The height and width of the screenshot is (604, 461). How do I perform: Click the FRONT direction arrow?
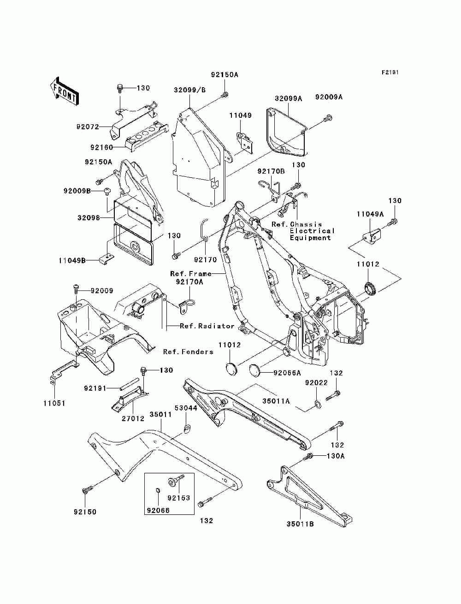click(65, 91)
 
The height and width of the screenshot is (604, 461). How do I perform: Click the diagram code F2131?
click(390, 72)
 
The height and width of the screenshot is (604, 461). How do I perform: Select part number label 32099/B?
click(189, 90)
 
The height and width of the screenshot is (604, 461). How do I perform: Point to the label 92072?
click(88, 127)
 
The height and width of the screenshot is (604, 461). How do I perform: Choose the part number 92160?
click(102, 147)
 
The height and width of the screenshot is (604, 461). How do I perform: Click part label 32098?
click(89, 218)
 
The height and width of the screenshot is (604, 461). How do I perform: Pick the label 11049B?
click(72, 260)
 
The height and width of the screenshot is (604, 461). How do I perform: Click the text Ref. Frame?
click(191, 273)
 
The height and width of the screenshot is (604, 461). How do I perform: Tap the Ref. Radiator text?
click(207, 326)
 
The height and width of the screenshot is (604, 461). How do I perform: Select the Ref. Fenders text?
click(188, 352)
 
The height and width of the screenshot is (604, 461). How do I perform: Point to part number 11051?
click(54, 404)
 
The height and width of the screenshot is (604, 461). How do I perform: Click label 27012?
click(133, 418)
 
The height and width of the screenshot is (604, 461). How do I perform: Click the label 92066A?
click(287, 373)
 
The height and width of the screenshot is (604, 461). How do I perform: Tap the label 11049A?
click(370, 214)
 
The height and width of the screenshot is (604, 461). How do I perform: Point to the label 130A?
click(336, 456)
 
